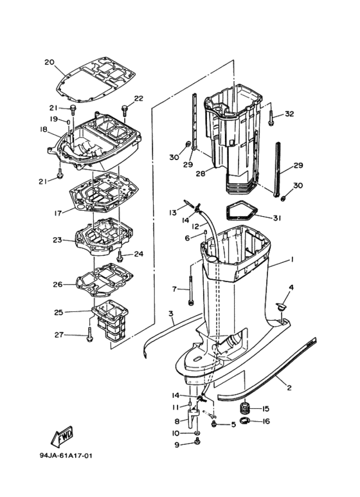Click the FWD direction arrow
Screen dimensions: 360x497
[62, 437]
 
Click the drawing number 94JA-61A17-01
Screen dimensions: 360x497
[66, 456]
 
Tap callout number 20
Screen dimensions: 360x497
[50, 62]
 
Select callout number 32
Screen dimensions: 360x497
[289, 114]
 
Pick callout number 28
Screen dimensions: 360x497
[201, 174]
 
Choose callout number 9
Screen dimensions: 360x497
[177, 445]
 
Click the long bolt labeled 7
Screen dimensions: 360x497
[191, 289]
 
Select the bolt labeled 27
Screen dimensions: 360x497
[90, 335]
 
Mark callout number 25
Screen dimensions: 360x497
[59, 312]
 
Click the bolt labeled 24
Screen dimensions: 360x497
[120, 256]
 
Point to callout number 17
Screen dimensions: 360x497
[58, 213]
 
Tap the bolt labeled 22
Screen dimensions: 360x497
[125, 111]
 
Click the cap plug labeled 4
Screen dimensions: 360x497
[280, 307]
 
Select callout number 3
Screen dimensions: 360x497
[171, 314]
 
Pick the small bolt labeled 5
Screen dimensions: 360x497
[214, 424]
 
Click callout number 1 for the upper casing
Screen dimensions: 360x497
[292, 260]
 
